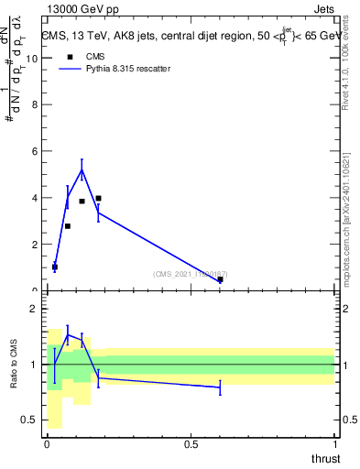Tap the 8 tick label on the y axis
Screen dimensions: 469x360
click(36, 104)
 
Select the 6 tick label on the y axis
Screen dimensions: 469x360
click(36, 151)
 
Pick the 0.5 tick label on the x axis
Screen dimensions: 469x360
click(191, 444)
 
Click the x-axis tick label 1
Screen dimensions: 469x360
click(334, 444)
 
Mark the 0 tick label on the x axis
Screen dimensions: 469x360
click(48, 444)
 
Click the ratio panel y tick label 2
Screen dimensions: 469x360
click(36, 309)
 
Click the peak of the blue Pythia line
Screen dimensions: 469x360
click(82, 169)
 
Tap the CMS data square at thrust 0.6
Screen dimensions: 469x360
click(220, 279)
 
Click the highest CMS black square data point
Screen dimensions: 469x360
click(98, 198)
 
